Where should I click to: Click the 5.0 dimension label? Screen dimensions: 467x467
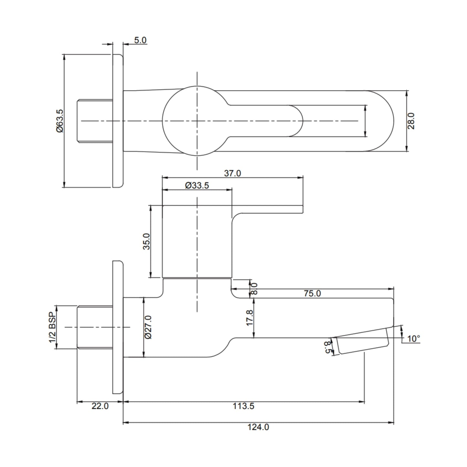click(140, 40)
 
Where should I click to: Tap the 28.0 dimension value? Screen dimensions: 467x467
click(411, 121)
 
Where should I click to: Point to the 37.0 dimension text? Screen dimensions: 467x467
click(232, 173)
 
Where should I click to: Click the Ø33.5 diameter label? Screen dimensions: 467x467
click(197, 186)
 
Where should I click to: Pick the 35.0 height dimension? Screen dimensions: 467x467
click(147, 241)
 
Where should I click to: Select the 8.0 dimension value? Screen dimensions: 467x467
click(254, 289)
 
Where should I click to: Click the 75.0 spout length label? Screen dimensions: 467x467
click(312, 293)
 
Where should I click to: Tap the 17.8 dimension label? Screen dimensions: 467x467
click(249, 318)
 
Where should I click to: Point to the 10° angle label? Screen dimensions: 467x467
click(413, 339)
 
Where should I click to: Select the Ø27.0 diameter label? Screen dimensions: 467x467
click(148, 327)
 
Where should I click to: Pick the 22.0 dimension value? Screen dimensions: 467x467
click(100, 406)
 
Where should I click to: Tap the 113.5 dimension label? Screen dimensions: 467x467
click(244, 406)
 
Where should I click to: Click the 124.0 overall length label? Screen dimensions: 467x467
click(258, 427)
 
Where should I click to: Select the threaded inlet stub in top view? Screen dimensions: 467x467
click(95, 121)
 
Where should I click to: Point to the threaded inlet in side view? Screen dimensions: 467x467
click(95, 327)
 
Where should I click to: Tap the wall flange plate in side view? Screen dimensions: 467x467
click(118, 327)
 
